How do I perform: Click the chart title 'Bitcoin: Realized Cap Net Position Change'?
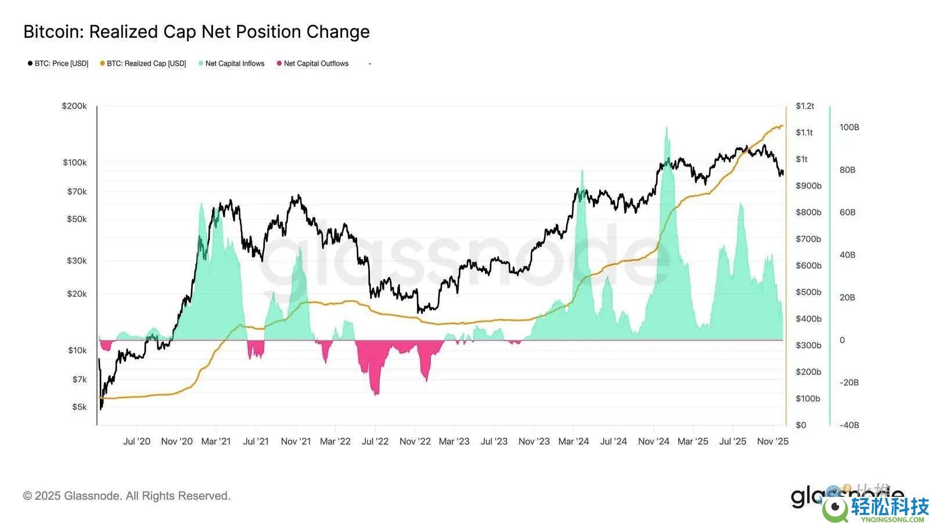coord(196,32)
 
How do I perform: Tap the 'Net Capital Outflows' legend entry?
coord(316,63)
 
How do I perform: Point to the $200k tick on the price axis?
coord(74,106)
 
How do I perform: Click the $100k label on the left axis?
coord(75,162)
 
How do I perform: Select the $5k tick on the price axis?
coord(79,407)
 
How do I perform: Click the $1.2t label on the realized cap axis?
coord(805,106)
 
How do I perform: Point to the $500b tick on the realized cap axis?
coord(808,292)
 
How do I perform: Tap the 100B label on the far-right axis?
coord(849,127)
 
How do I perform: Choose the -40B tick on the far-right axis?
coord(849,425)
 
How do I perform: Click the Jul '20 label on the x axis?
coord(136,441)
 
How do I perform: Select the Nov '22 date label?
coord(415,441)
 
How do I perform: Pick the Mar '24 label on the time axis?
coord(573,441)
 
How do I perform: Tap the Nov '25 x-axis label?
coord(772,441)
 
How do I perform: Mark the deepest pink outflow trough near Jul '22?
coord(376,394)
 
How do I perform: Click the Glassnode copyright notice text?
coord(127,496)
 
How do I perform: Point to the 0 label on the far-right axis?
coord(842,340)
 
